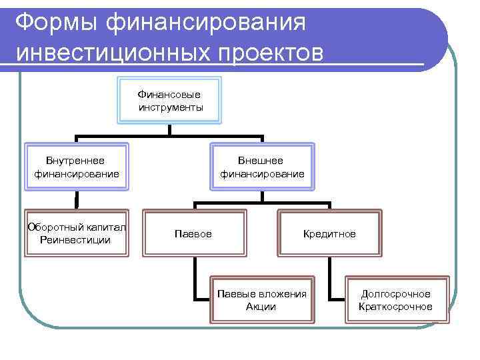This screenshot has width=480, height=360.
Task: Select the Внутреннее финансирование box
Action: [x=76, y=167]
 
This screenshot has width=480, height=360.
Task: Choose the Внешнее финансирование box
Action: [x=262, y=167]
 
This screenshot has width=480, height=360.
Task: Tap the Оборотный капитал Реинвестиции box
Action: [x=76, y=233]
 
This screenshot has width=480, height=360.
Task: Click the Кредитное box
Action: [x=329, y=233]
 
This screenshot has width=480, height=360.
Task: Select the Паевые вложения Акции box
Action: [x=261, y=300]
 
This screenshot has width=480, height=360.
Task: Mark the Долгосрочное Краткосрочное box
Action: [x=395, y=300]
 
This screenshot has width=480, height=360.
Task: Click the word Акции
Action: [x=261, y=307]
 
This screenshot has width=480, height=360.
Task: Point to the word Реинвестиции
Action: [x=75, y=239]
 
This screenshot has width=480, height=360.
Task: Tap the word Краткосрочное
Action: [x=395, y=307]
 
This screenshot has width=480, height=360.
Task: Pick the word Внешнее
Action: [x=262, y=161]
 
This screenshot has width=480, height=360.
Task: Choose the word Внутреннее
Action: [x=75, y=161]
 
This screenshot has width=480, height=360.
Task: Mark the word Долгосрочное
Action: [x=395, y=293]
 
